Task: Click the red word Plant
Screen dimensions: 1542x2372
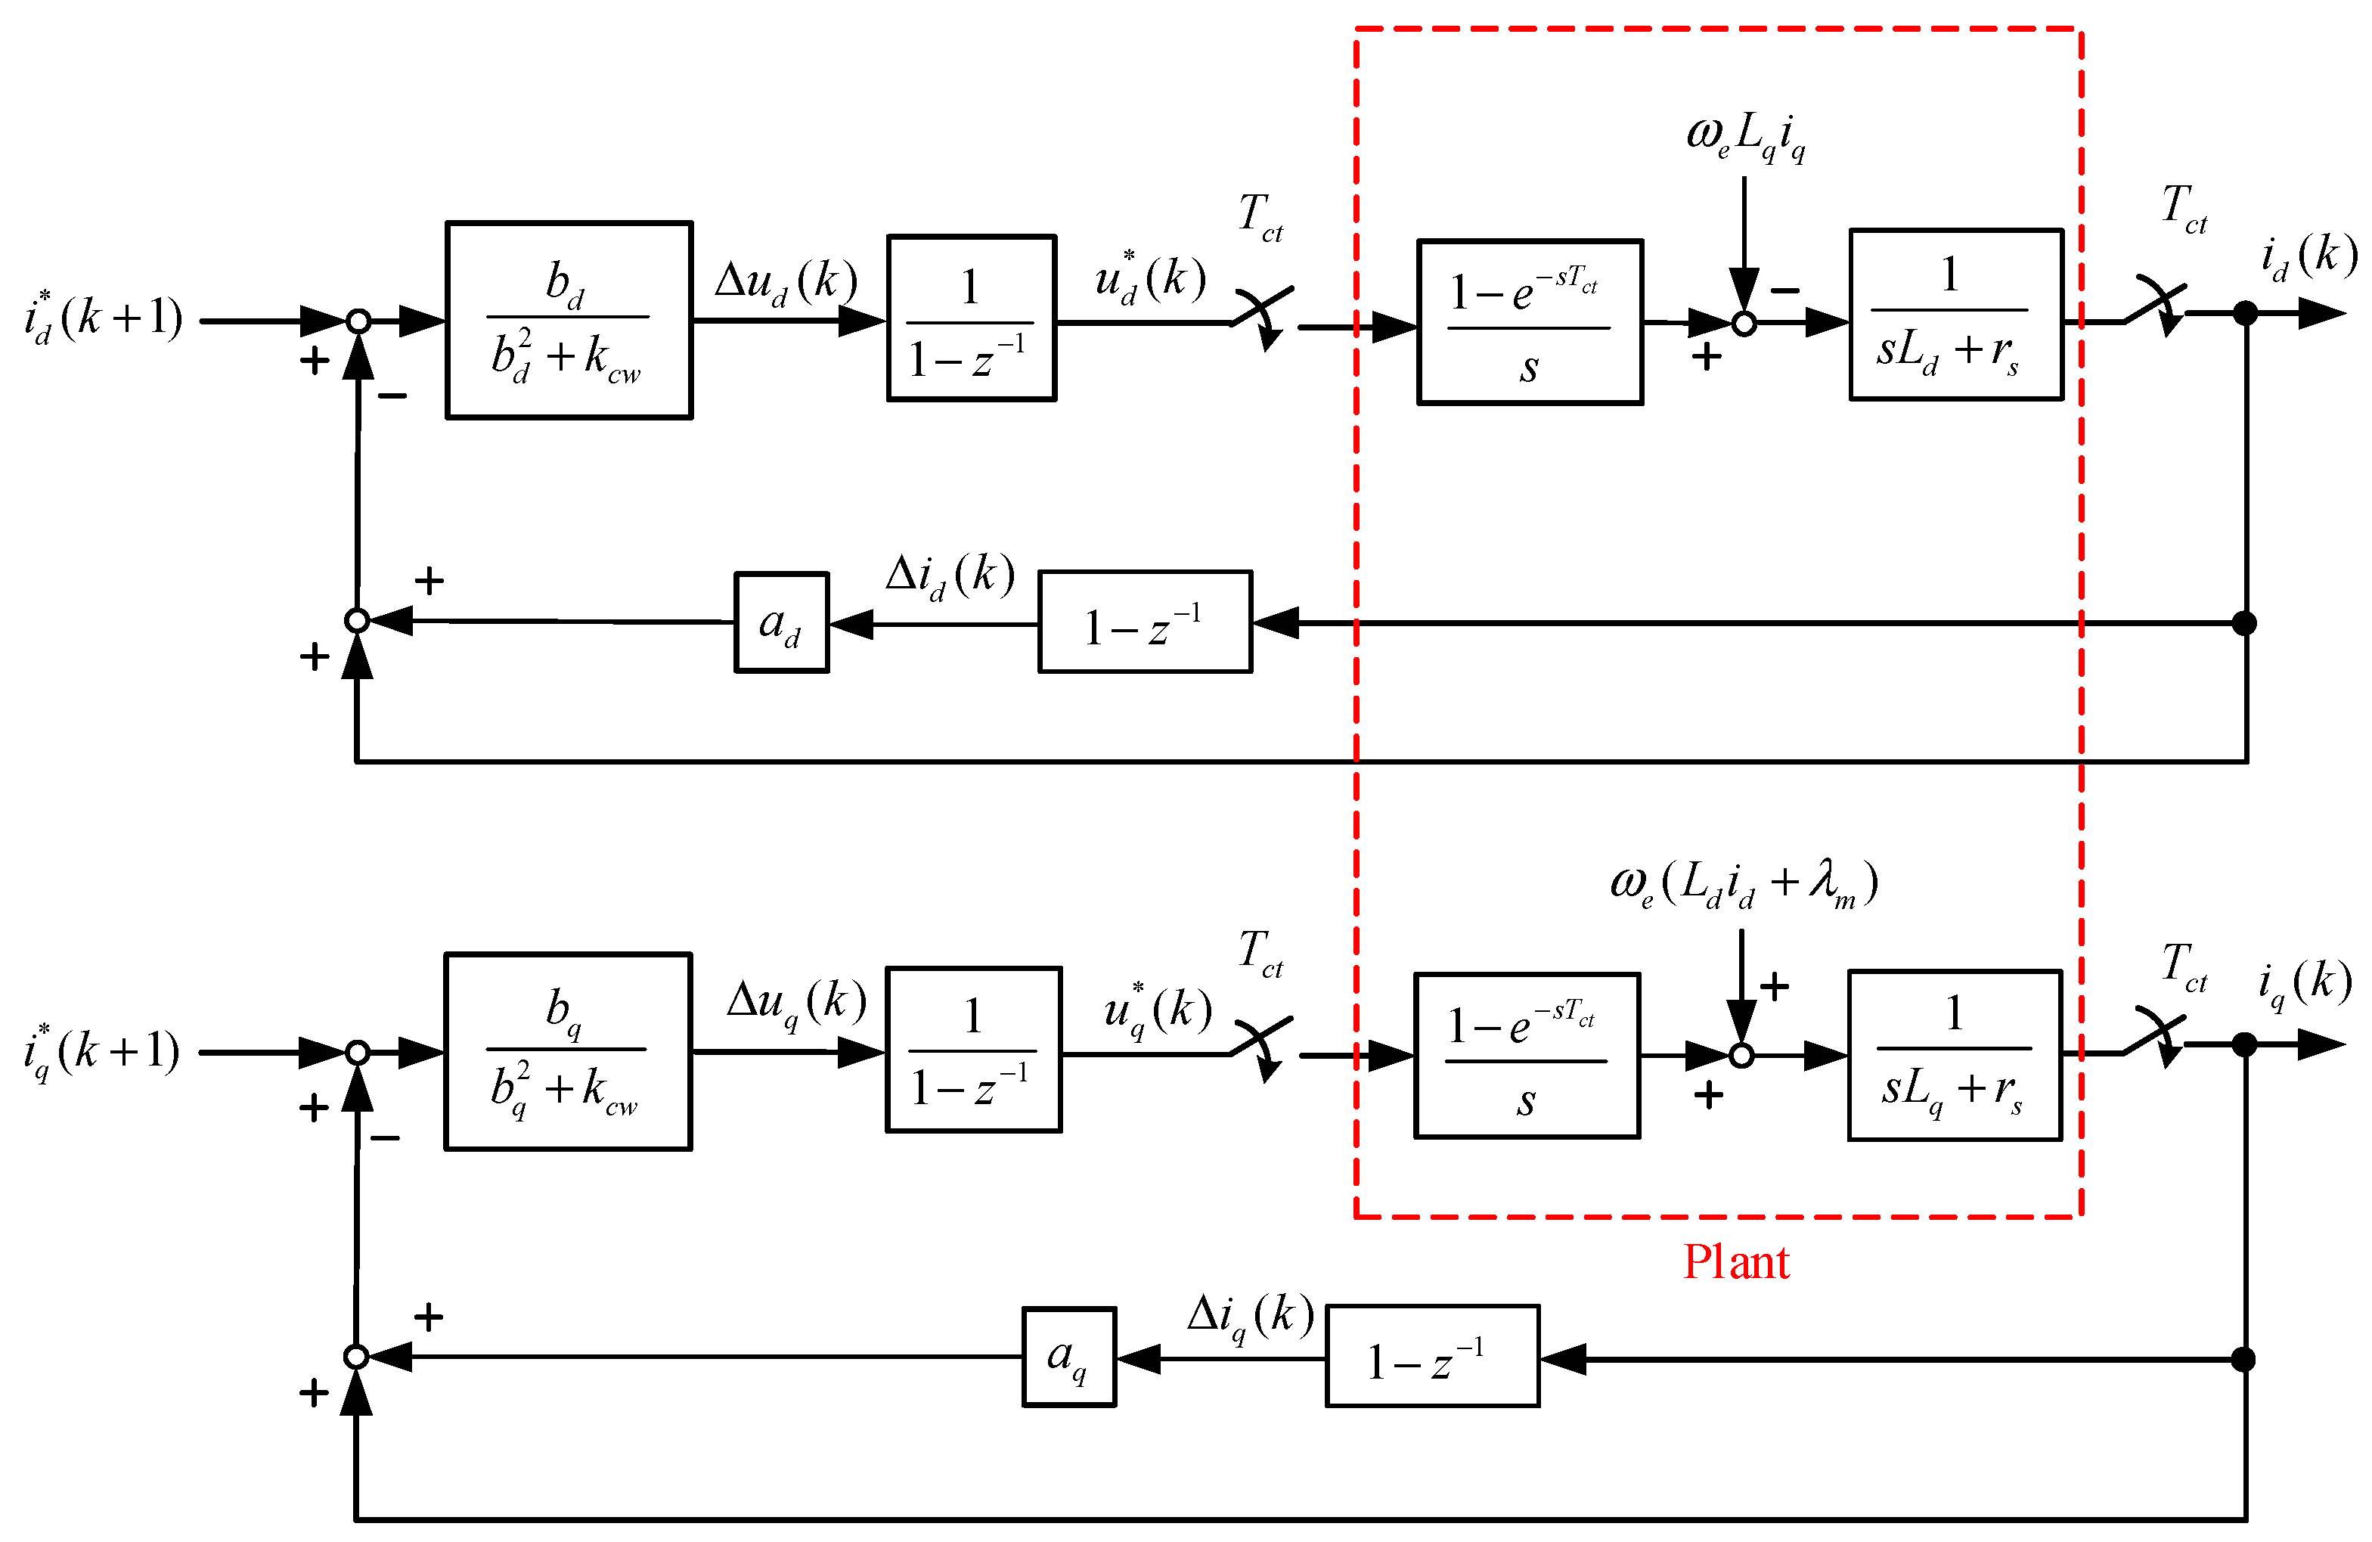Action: click(1736, 1263)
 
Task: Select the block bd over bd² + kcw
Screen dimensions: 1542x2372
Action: click(568, 320)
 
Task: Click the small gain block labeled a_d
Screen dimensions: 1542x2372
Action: click(781, 622)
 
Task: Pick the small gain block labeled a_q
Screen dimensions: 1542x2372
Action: click(1068, 1357)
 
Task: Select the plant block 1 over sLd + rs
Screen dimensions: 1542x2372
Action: click(1955, 315)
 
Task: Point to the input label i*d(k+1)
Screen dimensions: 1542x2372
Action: click(104, 318)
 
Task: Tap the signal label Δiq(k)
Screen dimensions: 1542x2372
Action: click(1250, 1317)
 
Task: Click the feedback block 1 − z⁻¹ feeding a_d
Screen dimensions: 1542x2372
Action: click(1144, 622)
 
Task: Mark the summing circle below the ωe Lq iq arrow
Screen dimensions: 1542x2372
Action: click(1743, 323)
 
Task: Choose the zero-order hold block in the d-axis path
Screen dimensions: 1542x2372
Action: click(1529, 322)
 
